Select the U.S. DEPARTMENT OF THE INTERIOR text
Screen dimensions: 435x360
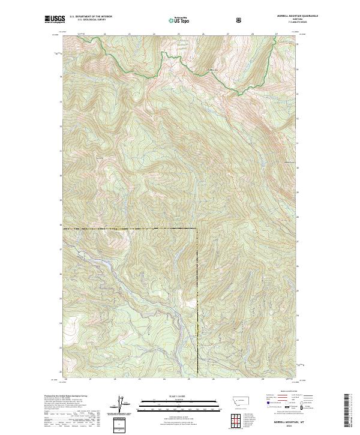pos(91,17)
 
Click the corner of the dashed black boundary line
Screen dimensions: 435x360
pos(197,229)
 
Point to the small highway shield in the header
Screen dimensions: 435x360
pos(239,20)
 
